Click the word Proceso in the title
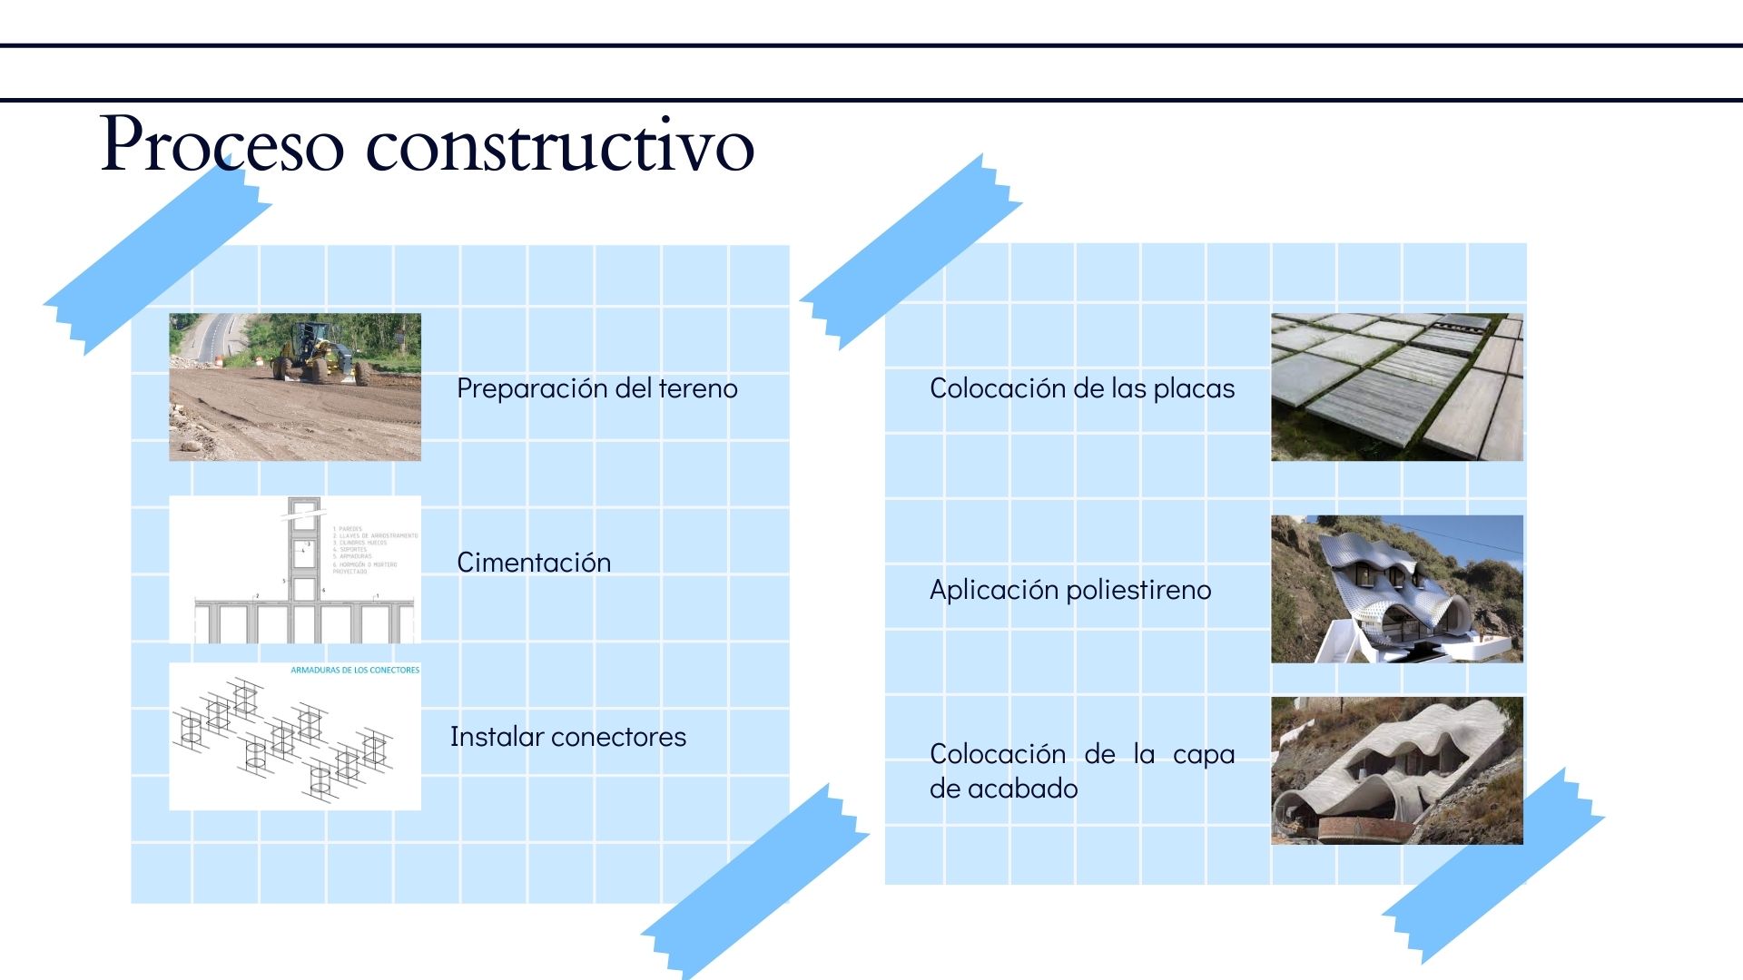[222, 143]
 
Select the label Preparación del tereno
[596, 388]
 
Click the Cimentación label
[533, 563]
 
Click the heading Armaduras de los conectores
[355, 671]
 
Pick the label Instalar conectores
[567, 737]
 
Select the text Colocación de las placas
[1081, 388]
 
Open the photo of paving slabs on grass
[1396, 387]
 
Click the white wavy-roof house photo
[1396, 589]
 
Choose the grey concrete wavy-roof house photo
[1396, 770]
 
